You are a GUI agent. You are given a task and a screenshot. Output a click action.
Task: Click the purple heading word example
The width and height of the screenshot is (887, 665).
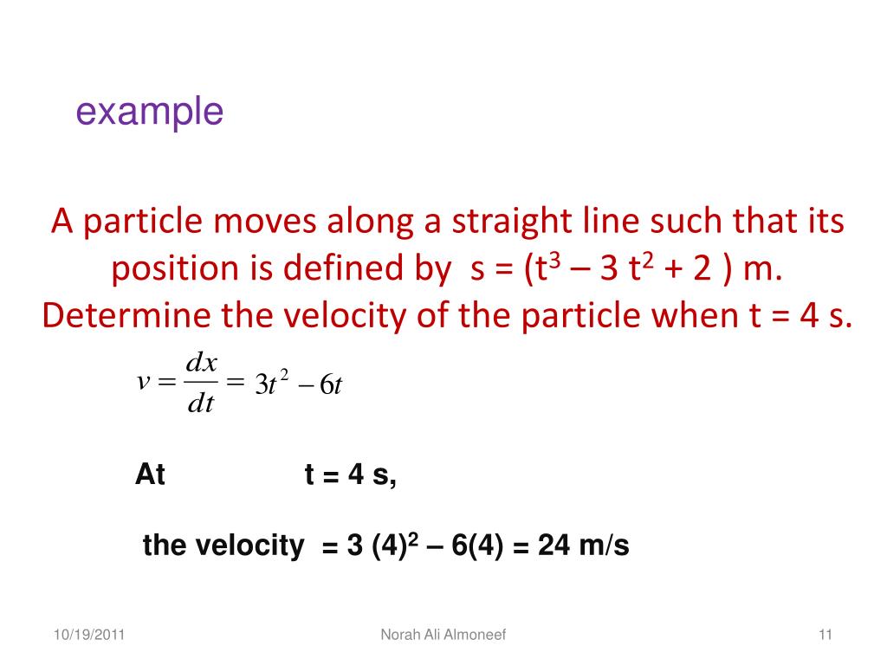point(150,113)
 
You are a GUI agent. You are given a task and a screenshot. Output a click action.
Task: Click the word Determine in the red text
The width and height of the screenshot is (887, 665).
point(126,317)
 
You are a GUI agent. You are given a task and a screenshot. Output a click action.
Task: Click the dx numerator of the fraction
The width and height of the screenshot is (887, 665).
point(201,364)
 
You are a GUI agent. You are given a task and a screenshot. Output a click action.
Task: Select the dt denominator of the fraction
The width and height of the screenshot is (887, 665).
point(201,404)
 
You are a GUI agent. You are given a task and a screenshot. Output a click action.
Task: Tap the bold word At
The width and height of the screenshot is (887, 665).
point(150,475)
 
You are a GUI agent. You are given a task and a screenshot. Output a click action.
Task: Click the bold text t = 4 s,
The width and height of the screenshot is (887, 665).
point(351,475)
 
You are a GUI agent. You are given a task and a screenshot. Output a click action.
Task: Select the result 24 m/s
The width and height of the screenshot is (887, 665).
point(583,546)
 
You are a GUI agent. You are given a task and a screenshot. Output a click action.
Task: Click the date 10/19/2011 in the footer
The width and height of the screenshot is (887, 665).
point(88,636)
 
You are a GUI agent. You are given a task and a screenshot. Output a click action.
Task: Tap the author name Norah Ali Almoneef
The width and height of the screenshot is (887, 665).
point(443,636)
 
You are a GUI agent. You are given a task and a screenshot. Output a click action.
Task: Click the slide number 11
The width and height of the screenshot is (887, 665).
point(825,636)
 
